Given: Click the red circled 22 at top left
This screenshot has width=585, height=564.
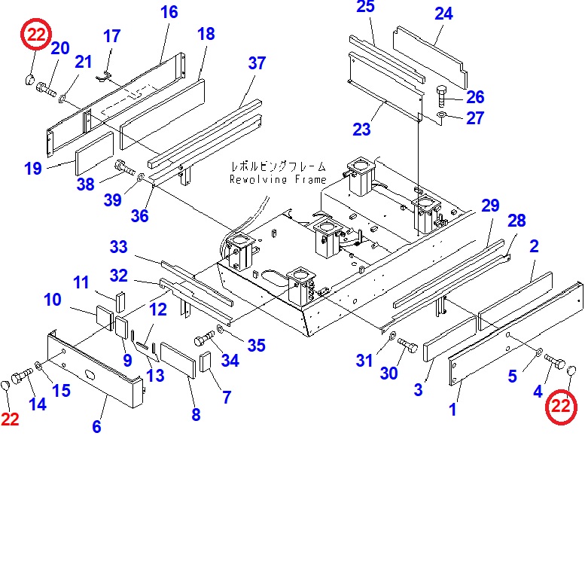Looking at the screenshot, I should click(x=36, y=35).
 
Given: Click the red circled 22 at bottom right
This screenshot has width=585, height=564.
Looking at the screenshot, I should click(x=561, y=407).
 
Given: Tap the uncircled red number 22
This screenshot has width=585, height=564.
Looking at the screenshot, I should click(x=10, y=419).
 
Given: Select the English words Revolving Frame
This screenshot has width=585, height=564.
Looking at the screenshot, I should click(x=278, y=180).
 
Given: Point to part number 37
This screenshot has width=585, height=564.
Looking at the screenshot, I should click(x=257, y=63).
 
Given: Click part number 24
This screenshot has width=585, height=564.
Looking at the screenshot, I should click(x=443, y=14).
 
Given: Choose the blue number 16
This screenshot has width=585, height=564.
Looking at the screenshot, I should click(x=169, y=12).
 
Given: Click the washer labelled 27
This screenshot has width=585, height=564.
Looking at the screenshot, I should click(x=441, y=115).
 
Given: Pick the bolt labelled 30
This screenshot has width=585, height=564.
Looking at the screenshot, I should click(x=407, y=346).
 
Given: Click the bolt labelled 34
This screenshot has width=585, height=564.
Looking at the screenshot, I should click(x=206, y=338).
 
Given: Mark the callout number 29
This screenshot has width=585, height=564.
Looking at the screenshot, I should click(x=490, y=206).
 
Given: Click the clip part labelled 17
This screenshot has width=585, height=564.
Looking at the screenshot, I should click(x=105, y=75).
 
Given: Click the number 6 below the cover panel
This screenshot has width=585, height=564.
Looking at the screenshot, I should click(x=96, y=427).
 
